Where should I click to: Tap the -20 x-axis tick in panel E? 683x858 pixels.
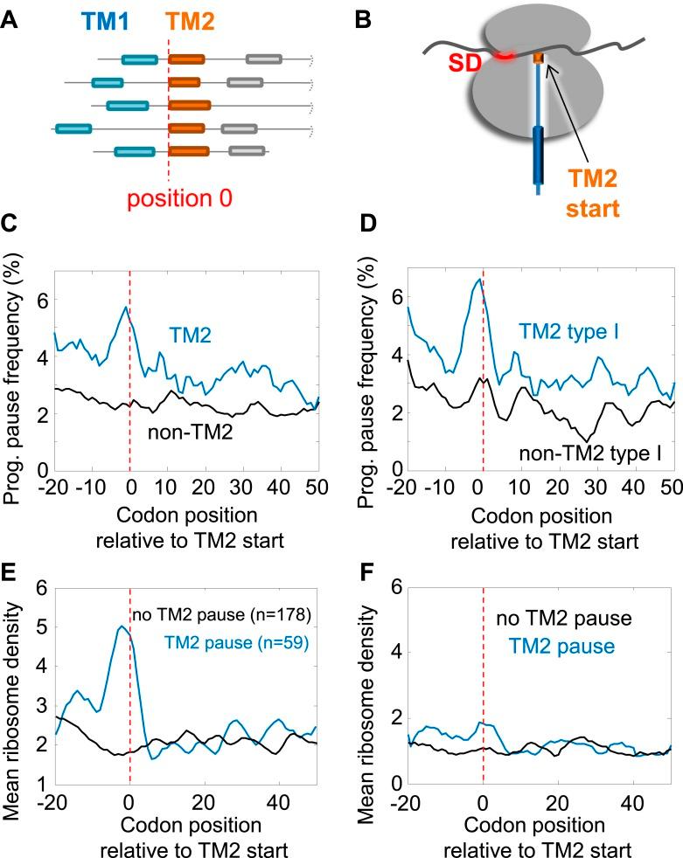pyautogui.click(x=54, y=802)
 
